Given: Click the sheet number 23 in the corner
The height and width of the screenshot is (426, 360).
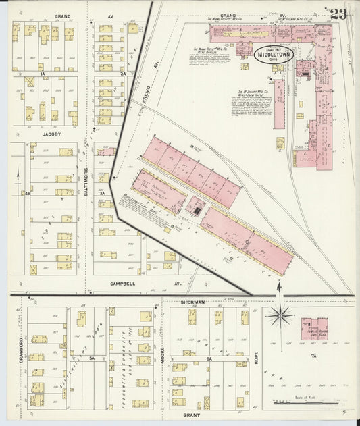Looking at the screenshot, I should click(338, 14).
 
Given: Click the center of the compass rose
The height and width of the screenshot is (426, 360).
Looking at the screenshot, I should click(278, 314).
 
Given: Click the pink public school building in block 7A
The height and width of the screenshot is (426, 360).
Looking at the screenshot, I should click(314, 329).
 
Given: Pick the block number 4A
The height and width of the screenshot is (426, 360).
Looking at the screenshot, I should click(27, 193).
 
